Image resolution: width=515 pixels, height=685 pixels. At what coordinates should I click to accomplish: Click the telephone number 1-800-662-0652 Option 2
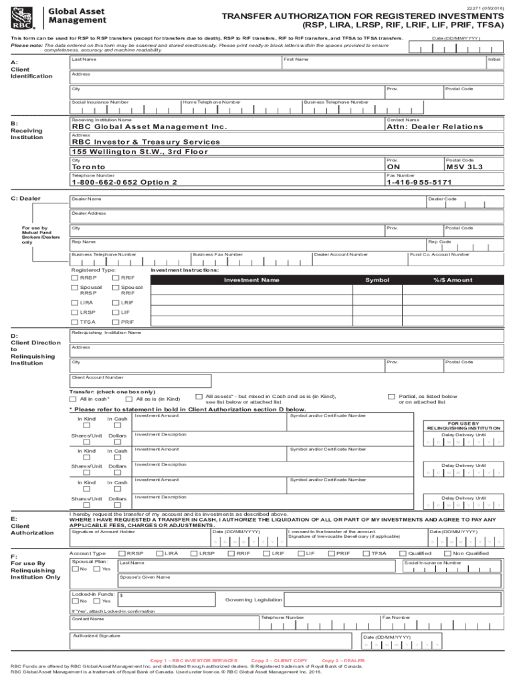[x=124, y=182]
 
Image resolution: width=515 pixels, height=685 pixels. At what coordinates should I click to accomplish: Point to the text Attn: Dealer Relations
[x=434, y=126]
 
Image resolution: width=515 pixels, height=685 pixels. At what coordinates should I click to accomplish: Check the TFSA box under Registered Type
[x=74, y=322]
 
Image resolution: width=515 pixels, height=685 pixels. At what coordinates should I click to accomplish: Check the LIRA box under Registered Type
[x=74, y=302]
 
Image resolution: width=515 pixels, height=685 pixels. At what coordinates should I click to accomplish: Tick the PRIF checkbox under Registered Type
[x=116, y=322]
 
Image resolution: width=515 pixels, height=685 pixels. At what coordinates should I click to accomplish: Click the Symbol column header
[x=377, y=280]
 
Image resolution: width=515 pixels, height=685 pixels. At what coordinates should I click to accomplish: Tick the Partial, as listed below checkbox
[x=392, y=396]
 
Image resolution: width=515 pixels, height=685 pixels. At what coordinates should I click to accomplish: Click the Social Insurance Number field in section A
[x=124, y=108]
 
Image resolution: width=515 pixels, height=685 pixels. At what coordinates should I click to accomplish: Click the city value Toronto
[x=88, y=167]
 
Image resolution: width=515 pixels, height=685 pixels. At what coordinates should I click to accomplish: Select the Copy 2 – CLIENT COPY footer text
[x=279, y=660]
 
